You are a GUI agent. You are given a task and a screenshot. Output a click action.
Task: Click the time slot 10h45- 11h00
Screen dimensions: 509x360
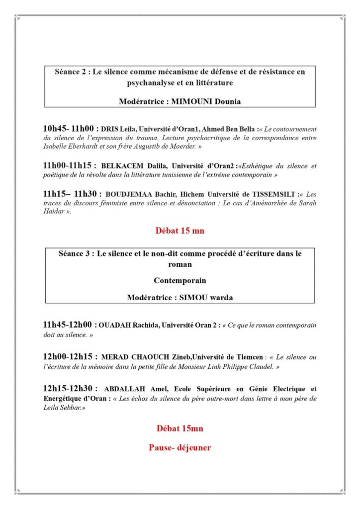70,128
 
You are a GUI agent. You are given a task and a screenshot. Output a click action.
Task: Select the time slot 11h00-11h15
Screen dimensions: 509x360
70,166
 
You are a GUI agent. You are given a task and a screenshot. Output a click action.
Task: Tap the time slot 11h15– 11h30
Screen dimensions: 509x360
71,194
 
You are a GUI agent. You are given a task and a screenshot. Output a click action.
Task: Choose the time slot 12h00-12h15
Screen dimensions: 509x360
70,356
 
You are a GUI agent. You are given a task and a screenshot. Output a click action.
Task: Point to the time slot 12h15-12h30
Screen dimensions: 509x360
70,389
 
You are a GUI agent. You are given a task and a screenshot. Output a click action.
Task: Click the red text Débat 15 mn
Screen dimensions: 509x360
180,231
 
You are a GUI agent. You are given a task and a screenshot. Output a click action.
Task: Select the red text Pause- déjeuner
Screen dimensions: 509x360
180,447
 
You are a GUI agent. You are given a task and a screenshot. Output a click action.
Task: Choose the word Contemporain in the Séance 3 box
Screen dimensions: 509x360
180,280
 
